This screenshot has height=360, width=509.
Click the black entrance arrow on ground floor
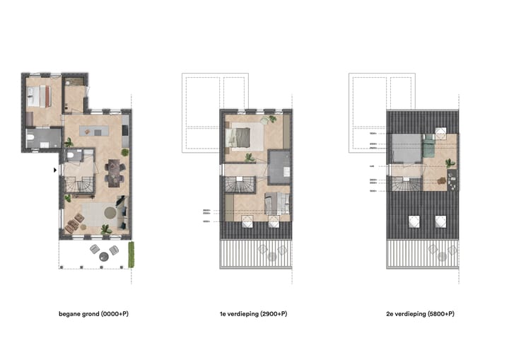click(55, 170)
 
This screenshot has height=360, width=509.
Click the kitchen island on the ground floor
click(95, 130)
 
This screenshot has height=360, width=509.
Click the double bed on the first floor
click(239, 137)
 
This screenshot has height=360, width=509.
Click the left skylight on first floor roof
click(248, 222)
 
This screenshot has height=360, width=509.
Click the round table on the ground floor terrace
click(103, 255)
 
